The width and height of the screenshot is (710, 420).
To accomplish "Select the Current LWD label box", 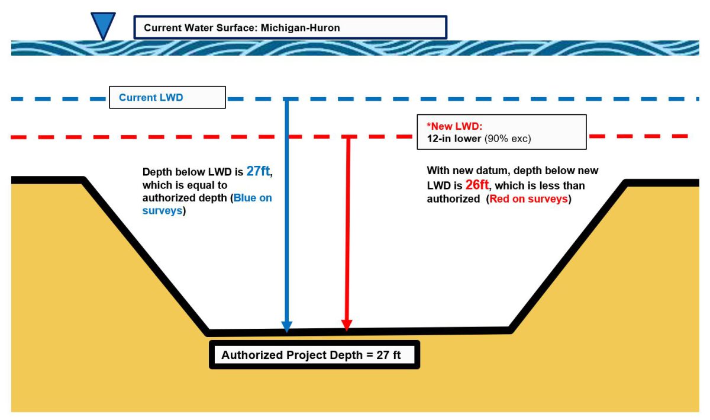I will pos(167,98).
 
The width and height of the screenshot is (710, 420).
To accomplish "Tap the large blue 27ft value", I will pos(259,172).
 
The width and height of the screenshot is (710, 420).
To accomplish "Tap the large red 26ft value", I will pos(477,185).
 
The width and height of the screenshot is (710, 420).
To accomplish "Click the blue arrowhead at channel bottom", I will pos(287,326).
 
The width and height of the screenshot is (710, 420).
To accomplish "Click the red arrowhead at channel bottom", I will pos(347,325).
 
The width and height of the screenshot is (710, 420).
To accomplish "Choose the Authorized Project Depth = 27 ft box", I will pos(314,355).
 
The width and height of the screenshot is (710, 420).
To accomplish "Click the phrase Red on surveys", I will pos(529,199).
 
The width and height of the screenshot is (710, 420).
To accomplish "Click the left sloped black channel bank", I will pos(145,255).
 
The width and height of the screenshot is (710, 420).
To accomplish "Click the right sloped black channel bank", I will pos(568,255).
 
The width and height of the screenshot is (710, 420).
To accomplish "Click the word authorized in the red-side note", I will pos(453,199).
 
